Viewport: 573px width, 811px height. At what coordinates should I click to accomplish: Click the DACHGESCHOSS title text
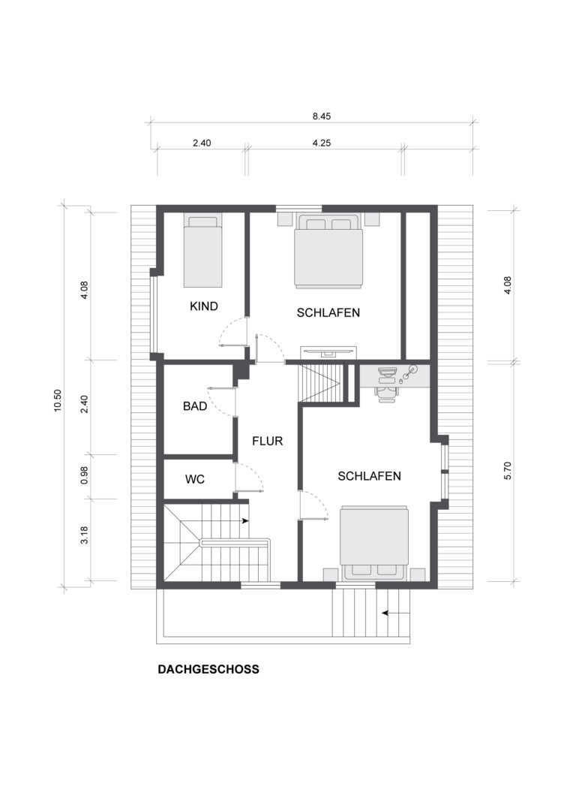208,669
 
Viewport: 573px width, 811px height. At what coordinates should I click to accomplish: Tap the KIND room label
204,306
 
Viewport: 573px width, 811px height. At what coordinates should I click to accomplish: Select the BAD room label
195,406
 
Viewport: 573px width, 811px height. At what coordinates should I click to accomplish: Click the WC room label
195,479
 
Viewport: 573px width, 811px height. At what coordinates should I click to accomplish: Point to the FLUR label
268,442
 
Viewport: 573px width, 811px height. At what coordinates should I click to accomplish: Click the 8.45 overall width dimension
322,116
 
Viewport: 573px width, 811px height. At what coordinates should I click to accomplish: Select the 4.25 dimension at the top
322,143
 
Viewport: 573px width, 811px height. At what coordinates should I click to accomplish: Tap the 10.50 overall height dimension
58,400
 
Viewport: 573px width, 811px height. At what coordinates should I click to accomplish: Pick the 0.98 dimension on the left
85,475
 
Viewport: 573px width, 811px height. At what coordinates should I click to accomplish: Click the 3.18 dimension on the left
85,535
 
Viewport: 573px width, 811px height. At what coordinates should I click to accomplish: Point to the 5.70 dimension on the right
508,470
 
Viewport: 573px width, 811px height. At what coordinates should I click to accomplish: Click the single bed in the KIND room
203,252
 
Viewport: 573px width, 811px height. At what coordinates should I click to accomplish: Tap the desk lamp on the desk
410,372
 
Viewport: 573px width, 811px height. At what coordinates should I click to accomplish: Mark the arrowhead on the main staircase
245,521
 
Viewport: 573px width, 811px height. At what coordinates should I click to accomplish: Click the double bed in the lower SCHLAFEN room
374,543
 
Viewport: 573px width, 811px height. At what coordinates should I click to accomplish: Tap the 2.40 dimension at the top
202,143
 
